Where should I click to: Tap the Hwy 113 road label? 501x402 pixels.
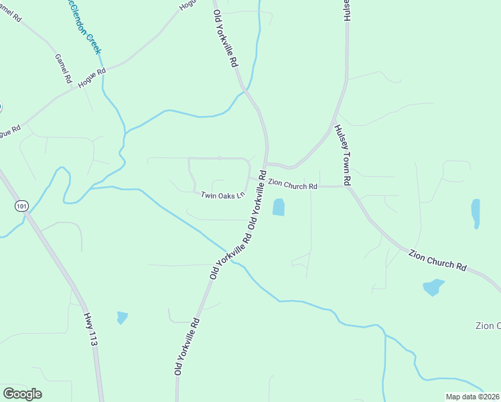pos(92,328)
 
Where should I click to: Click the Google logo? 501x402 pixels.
pos(22,393)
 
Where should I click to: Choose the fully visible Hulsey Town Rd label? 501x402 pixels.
pos(343,155)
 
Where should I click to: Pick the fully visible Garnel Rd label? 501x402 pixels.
pos(63,68)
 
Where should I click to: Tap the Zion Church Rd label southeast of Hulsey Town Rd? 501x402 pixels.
pos(437,257)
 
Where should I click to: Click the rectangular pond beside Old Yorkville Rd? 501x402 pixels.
pos(279,207)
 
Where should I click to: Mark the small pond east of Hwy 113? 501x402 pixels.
pos(121,317)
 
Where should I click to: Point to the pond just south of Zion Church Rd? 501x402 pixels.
pos(433,287)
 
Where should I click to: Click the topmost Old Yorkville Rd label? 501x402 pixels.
pos(226,38)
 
